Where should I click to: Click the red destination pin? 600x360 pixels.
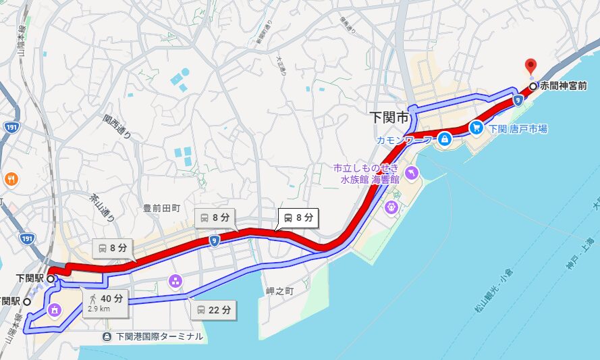click(x=530, y=66)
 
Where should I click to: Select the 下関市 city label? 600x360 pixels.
click(x=390, y=117)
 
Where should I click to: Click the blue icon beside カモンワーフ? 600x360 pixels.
click(x=445, y=140)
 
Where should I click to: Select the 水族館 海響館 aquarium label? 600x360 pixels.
click(x=369, y=179)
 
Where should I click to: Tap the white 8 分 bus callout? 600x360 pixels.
click(x=297, y=217)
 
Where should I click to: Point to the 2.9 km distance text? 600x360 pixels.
click(x=99, y=309)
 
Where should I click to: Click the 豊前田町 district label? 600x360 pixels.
click(x=162, y=209)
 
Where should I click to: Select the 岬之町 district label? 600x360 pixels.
click(x=280, y=290)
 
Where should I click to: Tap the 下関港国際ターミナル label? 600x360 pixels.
click(x=159, y=336)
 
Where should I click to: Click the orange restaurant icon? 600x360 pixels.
click(x=11, y=179)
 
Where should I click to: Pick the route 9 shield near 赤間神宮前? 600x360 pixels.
click(x=517, y=100)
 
